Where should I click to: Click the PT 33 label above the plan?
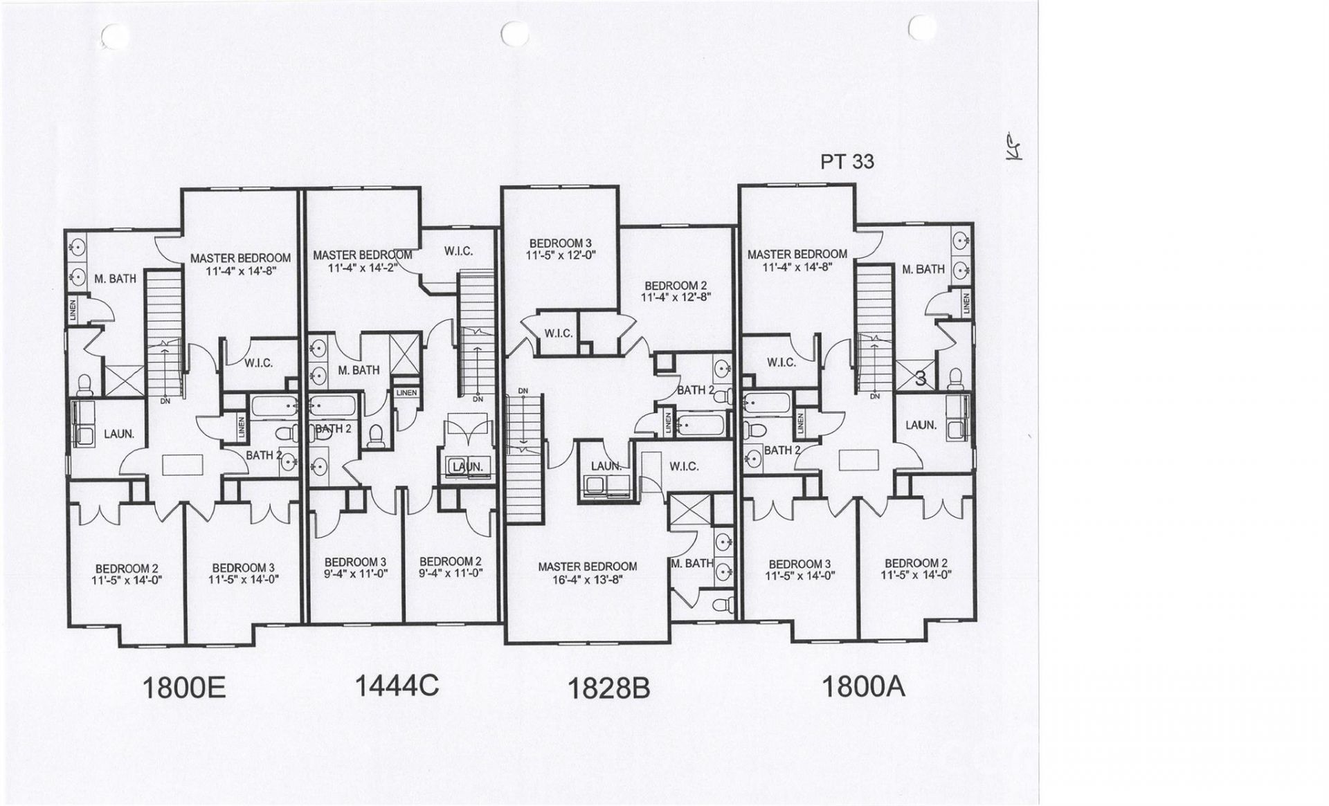pos(847,162)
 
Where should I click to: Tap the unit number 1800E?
pos(183,688)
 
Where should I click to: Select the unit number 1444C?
pos(397,686)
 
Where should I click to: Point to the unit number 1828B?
pos(608,688)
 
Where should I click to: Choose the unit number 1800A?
pos(863,686)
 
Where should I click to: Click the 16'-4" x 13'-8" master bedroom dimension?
pos(588,580)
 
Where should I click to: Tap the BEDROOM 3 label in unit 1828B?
pos(561,244)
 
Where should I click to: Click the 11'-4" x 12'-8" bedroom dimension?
pos(676,297)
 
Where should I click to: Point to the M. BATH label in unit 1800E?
pos(116,279)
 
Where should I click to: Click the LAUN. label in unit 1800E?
pos(119,434)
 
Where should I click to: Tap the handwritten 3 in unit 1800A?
pos(921,378)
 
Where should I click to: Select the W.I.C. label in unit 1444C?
pos(459,251)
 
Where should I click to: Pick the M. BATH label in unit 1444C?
pos(359,370)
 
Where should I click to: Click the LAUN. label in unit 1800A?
pos(921,425)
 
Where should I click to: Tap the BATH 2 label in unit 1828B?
pos(696,390)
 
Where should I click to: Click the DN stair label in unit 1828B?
pos(523,392)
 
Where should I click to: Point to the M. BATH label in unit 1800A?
pos(923,269)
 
